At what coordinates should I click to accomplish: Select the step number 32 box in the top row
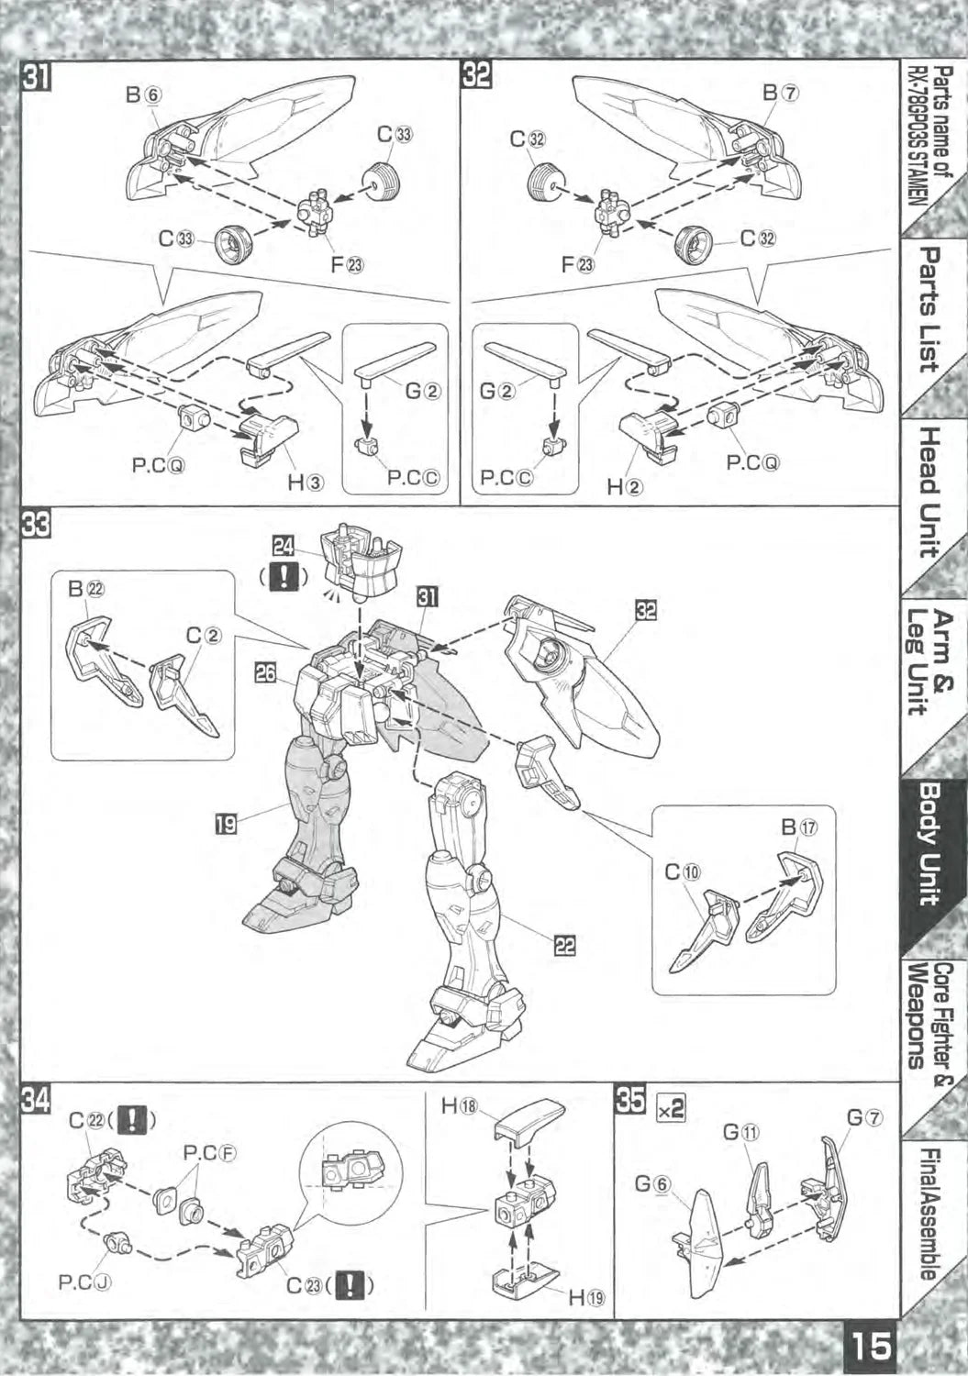point(476,77)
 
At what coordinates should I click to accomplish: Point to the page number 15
point(871,1347)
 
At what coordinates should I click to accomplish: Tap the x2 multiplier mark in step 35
point(671,1108)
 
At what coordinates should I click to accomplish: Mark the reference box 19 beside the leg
point(225,824)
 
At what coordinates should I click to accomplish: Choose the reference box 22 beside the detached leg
point(566,945)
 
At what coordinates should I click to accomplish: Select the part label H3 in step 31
point(304,483)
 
